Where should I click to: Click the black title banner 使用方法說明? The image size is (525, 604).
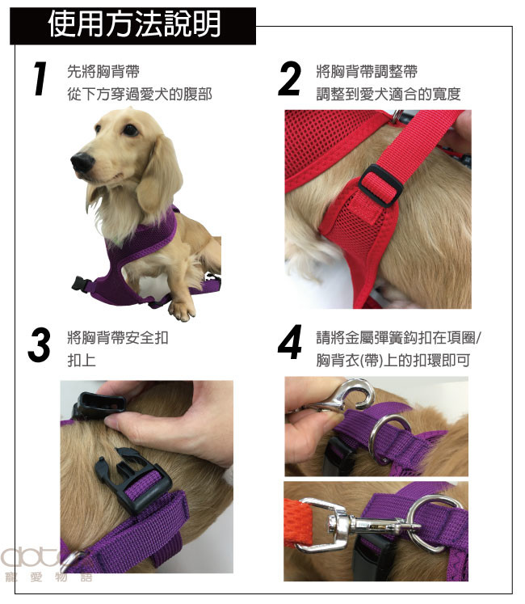[132, 25]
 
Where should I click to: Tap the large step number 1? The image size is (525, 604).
[40, 78]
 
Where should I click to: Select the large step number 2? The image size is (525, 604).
[289, 78]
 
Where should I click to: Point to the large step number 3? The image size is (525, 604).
[39, 344]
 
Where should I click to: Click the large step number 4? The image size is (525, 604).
[290, 342]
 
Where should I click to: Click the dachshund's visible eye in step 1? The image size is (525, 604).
[130, 130]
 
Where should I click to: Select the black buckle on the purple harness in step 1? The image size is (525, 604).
[81, 284]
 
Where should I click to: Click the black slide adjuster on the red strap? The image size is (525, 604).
[380, 185]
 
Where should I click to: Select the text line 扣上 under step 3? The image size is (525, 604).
[82, 360]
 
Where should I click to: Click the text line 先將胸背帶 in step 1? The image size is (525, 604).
[103, 71]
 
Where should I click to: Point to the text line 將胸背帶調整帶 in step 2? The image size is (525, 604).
[367, 71]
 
